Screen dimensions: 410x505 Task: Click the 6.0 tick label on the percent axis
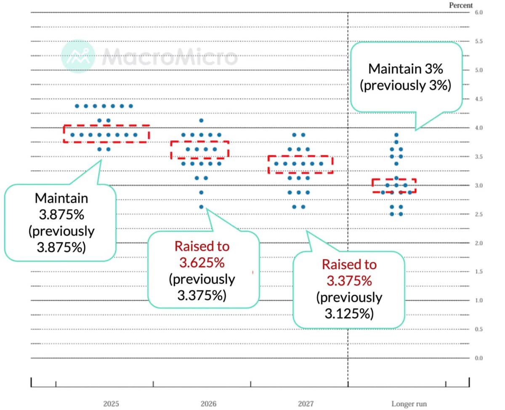tap(479, 13)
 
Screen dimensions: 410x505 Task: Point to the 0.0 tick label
tap(479, 358)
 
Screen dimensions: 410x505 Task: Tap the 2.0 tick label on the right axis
tap(479, 243)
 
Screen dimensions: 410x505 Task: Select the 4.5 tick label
tap(479, 99)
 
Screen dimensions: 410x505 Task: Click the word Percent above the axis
tap(461, 5)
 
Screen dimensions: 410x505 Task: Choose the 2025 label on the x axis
tap(111, 404)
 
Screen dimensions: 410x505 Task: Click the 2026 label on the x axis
tap(208, 404)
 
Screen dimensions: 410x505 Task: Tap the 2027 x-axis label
tap(306, 404)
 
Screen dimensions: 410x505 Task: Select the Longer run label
tap(409, 404)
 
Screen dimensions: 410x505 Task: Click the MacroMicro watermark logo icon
tap(77, 56)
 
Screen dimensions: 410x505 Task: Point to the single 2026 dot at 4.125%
tap(201, 121)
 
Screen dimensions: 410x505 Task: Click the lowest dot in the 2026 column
tap(201, 207)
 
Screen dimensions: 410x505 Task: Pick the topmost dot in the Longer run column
tap(396, 135)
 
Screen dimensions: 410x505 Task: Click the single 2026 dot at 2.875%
tap(201, 193)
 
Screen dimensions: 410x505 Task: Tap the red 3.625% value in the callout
tap(202, 263)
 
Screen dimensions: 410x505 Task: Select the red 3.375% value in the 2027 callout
tap(349, 280)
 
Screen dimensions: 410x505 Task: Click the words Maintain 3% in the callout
tap(406, 69)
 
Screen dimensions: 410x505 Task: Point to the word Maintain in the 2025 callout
tap(61, 198)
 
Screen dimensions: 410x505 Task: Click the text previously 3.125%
tap(349, 305)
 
